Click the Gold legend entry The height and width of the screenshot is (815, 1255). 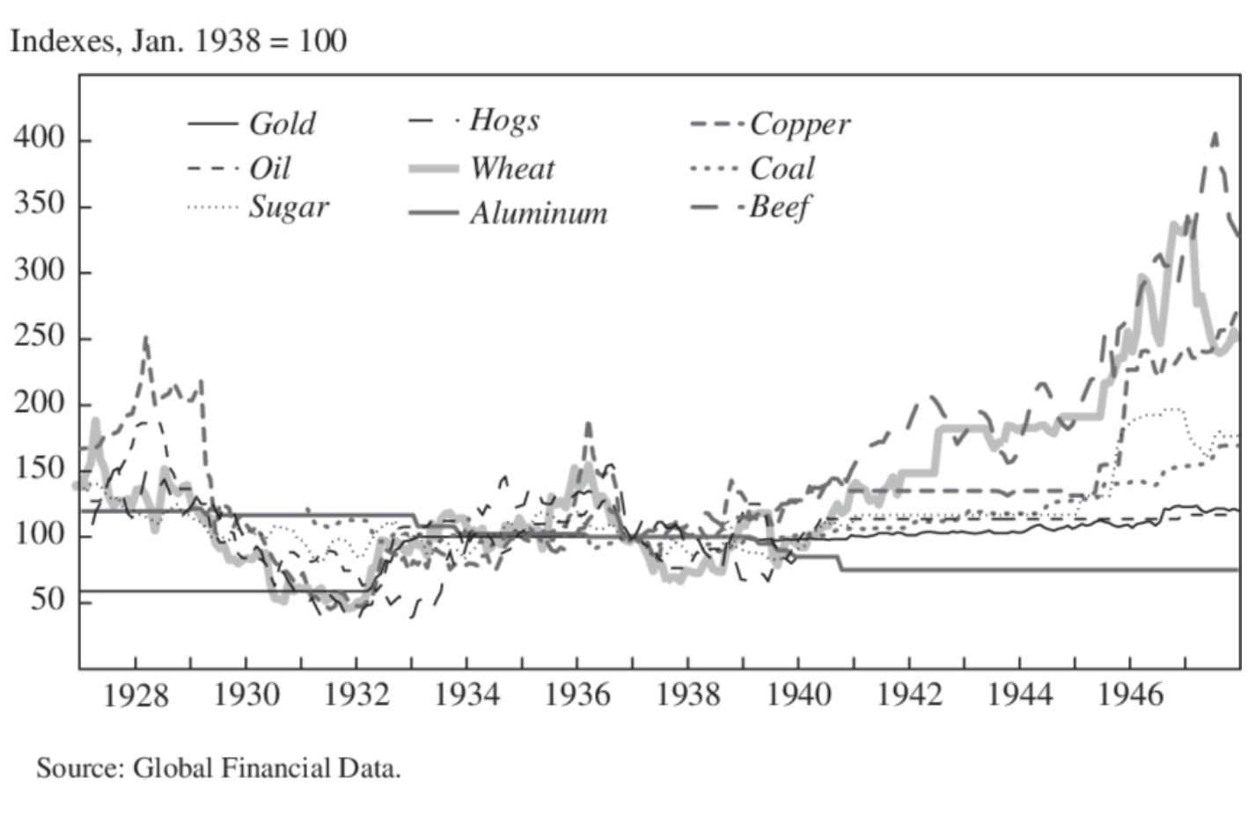click(x=281, y=123)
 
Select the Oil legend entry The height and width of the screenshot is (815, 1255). click(x=269, y=167)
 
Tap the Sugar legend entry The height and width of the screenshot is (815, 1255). click(x=289, y=208)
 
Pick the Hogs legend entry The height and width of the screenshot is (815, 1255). click(x=503, y=120)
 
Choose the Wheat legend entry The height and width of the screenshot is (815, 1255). click(x=511, y=167)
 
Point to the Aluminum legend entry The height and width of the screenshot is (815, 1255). click(x=538, y=213)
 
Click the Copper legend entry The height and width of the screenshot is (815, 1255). click(x=799, y=124)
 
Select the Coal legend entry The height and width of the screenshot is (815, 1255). click(x=782, y=167)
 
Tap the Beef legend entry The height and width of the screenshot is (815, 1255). click(x=778, y=208)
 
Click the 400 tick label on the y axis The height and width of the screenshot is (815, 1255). click(x=39, y=139)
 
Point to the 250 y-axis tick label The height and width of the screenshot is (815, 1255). click(x=39, y=337)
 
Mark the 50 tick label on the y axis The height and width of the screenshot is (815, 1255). click(x=48, y=600)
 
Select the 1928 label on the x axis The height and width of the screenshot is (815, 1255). click(x=136, y=695)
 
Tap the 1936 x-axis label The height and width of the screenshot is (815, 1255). click(x=577, y=695)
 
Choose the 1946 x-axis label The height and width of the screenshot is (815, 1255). click(x=1130, y=695)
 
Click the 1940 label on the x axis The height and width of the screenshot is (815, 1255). click(x=798, y=695)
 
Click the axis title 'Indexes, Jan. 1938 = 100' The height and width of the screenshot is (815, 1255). click(x=178, y=40)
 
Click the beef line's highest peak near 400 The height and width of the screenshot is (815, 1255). click(x=1215, y=135)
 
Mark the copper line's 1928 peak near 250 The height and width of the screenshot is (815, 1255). click(x=146, y=336)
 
